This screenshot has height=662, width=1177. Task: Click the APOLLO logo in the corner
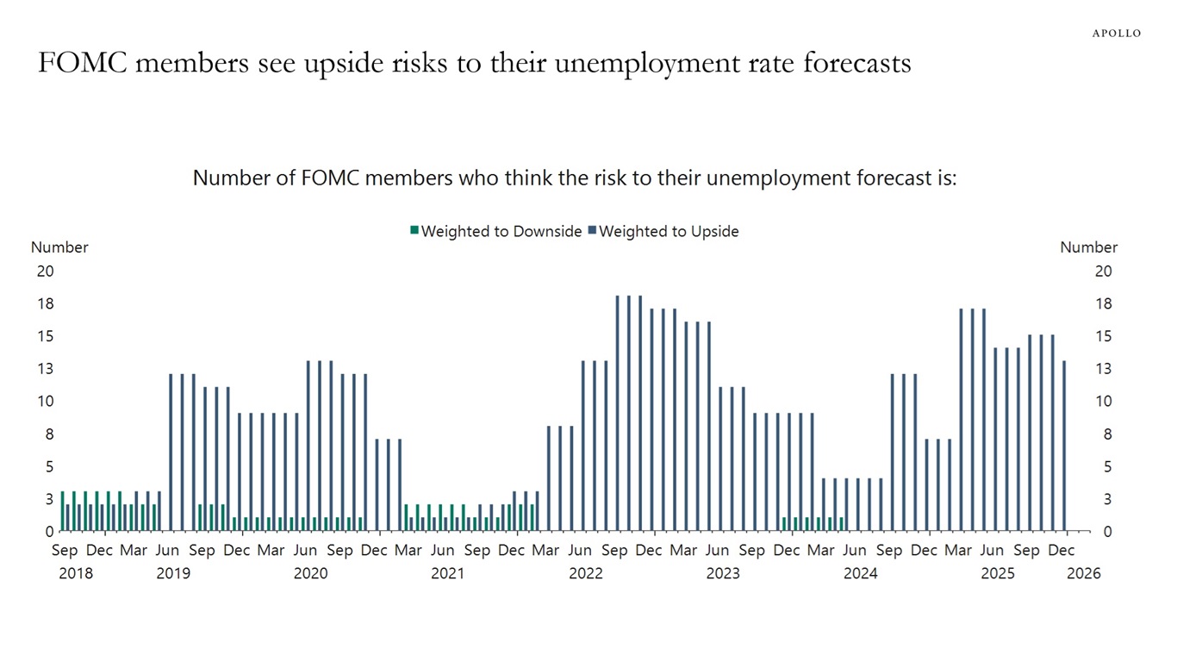coord(1116,33)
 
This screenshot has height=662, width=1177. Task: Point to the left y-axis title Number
coord(59,247)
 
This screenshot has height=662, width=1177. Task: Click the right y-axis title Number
coord(1088,247)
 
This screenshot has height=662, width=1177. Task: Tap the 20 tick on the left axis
coord(45,271)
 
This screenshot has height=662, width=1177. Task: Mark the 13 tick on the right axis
coord(1103,369)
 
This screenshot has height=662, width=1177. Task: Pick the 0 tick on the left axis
coord(49,532)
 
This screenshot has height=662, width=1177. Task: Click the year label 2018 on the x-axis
coord(76,573)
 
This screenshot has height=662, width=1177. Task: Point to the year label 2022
coord(586,573)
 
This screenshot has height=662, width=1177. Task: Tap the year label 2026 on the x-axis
coord(1083,573)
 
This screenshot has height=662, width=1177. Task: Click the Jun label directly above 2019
coord(167,550)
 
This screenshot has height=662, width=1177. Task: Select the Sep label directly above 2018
coord(65,550)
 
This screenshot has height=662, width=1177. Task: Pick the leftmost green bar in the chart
coord(62,511)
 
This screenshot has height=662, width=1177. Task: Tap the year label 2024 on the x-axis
coord(860,573)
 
